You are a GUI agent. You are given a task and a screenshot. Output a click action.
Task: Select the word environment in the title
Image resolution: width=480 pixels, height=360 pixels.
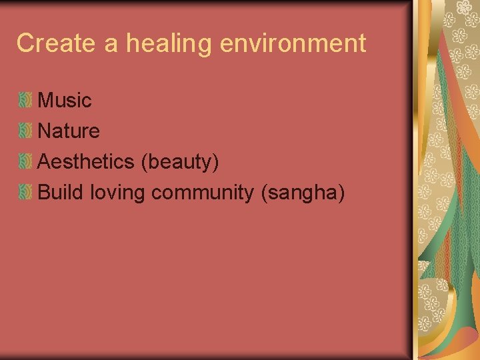[293, 43]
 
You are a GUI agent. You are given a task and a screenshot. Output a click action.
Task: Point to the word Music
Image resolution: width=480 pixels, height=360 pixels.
[65, 101]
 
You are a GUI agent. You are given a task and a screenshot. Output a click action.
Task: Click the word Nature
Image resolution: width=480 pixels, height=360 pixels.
[69, 131]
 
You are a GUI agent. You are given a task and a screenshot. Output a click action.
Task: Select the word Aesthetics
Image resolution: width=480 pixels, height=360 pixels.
[85, 162]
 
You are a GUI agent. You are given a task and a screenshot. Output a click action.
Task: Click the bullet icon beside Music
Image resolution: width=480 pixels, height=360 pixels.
[25, 101]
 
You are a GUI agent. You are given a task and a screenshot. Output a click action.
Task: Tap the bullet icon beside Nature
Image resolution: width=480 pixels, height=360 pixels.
[25, 131]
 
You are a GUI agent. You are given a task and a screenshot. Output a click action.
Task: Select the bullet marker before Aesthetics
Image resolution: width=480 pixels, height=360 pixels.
[25, 162]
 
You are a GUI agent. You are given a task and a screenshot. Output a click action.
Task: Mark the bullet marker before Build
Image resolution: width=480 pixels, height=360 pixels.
[25, 193]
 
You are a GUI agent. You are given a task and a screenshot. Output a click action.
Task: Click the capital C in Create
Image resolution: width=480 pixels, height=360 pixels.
[25, 43]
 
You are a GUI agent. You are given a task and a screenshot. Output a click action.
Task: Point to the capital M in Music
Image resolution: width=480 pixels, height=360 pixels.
[47, 101]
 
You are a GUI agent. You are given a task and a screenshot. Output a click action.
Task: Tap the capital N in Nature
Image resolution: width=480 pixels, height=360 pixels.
[45, 131]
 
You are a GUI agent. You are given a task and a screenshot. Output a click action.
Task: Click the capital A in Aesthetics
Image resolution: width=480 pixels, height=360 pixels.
[45, 162]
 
